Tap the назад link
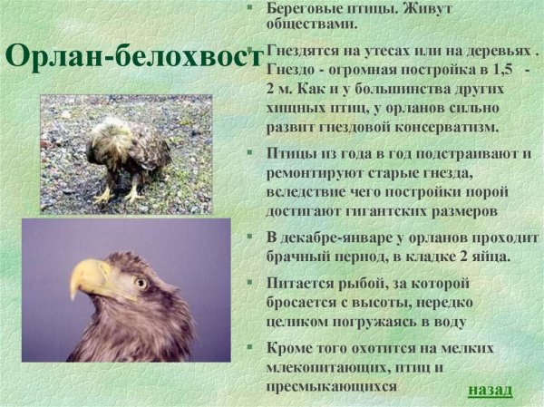[491, 390]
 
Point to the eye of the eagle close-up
[140, 283]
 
